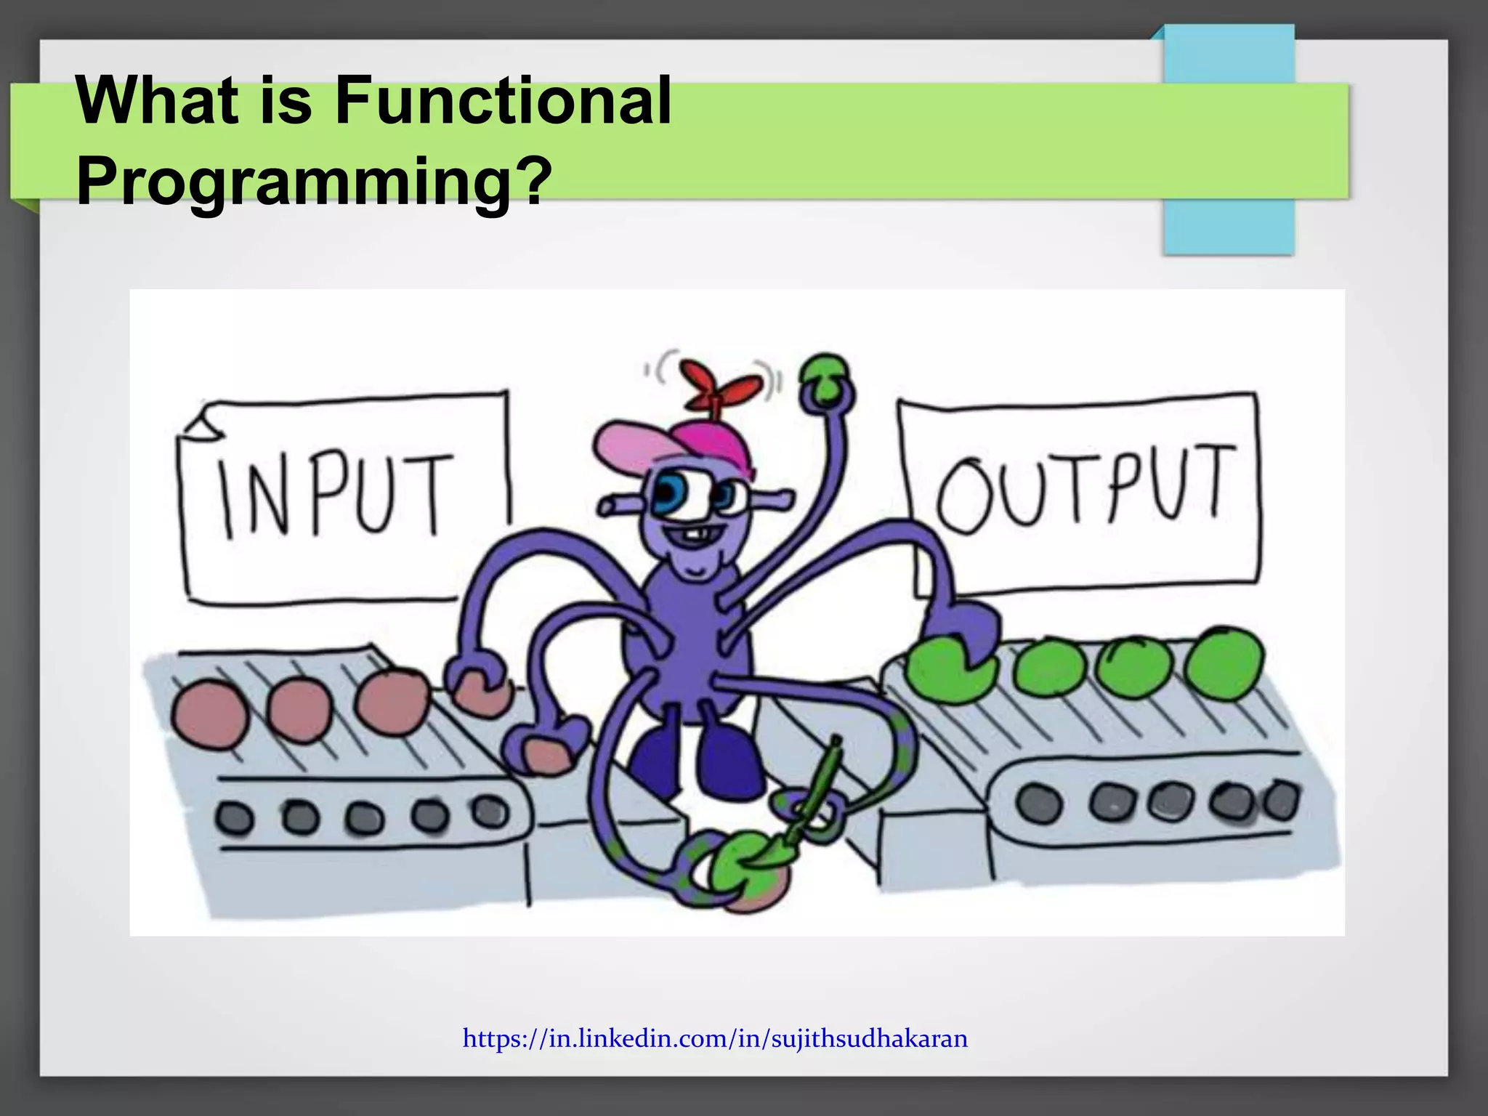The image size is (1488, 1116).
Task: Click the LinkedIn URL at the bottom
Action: [x=715, y=1038]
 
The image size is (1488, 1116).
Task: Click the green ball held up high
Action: [x=825, y=378]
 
